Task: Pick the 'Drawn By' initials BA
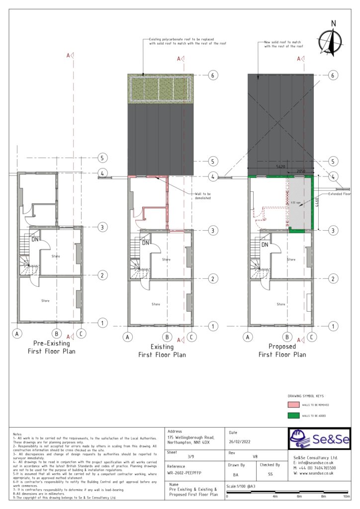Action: coord(235,475)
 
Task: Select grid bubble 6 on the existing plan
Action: coord(212,76)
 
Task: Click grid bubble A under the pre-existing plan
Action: coord(17,334)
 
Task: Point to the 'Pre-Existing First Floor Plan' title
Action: coord(51,347)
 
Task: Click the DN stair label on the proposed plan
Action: coord(265,245)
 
